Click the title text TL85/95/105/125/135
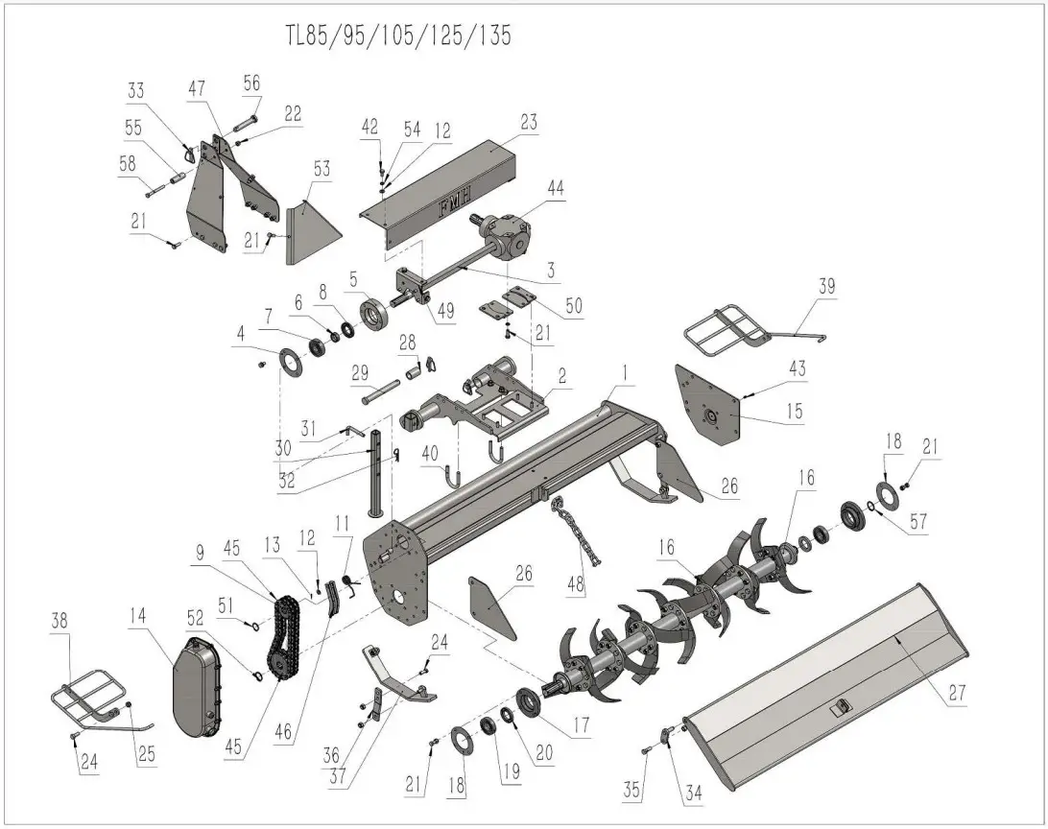[398, 36]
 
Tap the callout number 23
[529, 123]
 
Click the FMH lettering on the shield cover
[455, 204]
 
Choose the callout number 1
[624, 369]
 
